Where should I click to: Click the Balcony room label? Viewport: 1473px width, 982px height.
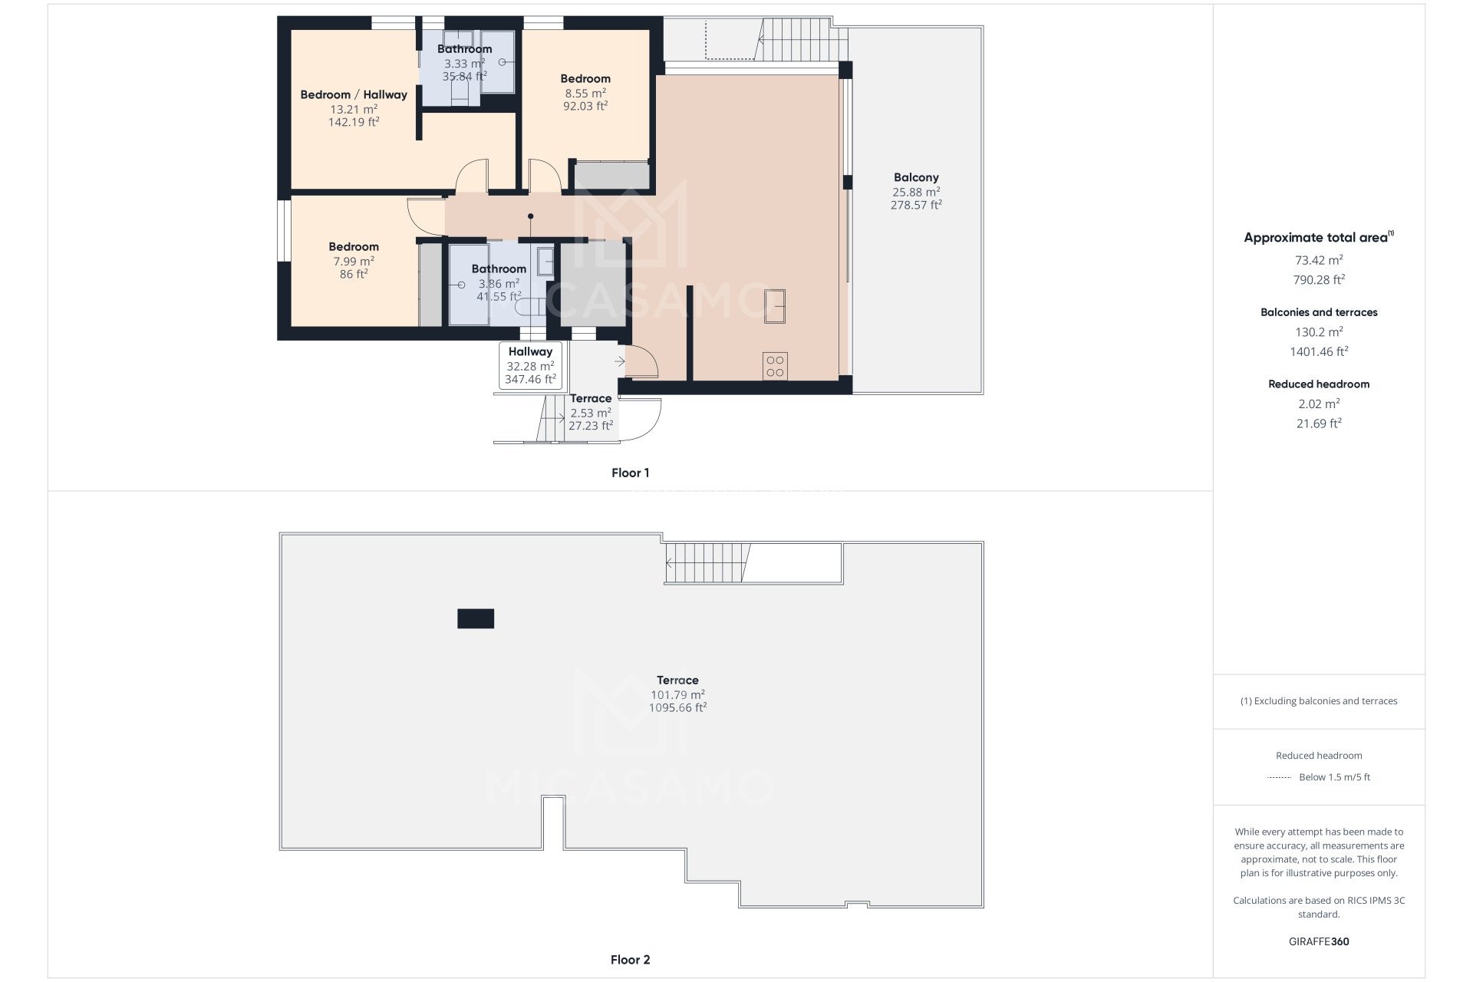pyautogui.click(x=916, y=177)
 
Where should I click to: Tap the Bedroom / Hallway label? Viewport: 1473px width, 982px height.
pyautogui.click(x=354, y=94)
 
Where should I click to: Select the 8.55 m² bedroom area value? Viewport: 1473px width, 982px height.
pyautogui.click(x=585, y=93)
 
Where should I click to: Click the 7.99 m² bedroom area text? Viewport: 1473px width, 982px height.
pyautogui.click(x=354, y=261)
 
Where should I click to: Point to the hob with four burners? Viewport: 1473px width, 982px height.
pyautogui.click(x=775, y=366)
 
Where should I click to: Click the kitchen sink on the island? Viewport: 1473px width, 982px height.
pyautogui.click(x=775, y=305)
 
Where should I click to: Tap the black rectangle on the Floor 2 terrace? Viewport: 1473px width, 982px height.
pyautogui.click(x=476, y=618)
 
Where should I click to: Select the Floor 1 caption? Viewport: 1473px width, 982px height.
pyautogui.click(x=630, y=473)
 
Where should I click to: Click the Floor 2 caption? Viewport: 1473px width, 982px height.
pyautogui.click(x=630, y=959)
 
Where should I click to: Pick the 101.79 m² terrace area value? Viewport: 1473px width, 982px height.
pyautogui.click(x=677, y=695)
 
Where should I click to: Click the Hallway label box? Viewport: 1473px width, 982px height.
pyautogui.click(x=530, y=365)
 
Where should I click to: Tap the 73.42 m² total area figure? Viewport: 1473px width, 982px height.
pyautogui.click(x=1319, y=260)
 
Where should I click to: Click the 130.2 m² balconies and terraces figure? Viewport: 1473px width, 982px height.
pyautogui.click(x=1319, y=332)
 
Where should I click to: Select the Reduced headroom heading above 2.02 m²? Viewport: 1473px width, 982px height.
pyautogui.click(x=1319, y=384)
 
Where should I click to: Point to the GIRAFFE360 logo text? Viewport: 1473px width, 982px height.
pyautogui.click(x=1319, y=941)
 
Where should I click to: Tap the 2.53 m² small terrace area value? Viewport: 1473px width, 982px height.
pyautogui.click(x=590, y=413)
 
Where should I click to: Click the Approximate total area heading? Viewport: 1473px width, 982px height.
pyautogui.click(x=1316, y=238)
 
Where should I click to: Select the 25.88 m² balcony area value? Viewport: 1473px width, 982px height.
pyautogui.click(x=916, y=192)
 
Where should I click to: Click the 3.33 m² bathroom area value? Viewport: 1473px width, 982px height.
pyautogui.click(x=464, y=64)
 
